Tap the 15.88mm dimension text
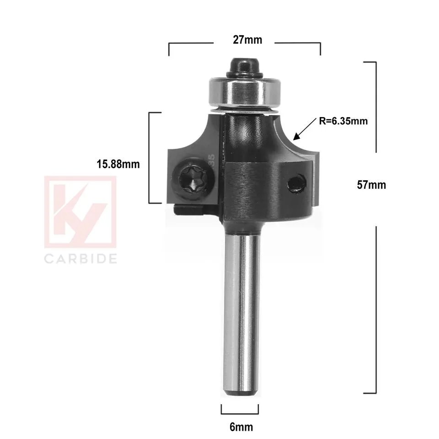coord(118,164)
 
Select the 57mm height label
coord(371,185)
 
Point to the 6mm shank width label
coord(241,427)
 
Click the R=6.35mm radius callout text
coord(343,122)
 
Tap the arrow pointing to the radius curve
coord(303,131)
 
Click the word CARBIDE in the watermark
coord(80,259)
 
